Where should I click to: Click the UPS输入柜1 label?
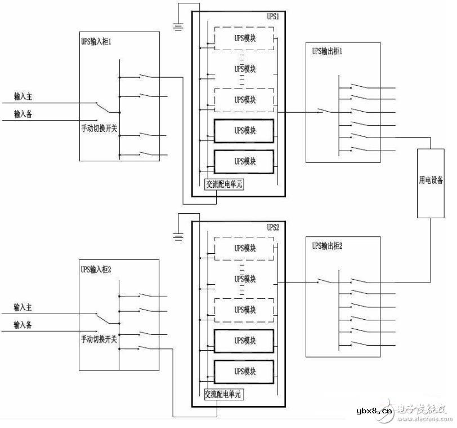pos(100,42)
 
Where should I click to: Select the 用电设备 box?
pos(431,183)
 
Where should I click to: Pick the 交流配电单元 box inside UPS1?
pos(223,184)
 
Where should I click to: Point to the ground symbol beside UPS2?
pos(178,237)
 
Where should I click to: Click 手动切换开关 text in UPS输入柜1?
pos(100,128)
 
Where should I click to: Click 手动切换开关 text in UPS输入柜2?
pos(100,339)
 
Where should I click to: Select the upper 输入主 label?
pos(25,97)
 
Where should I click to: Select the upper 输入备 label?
pos(25,114)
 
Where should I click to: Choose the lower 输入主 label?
pos(25,307)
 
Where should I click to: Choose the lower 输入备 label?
pos(25,325)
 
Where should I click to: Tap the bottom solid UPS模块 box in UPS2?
pos(244,372)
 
